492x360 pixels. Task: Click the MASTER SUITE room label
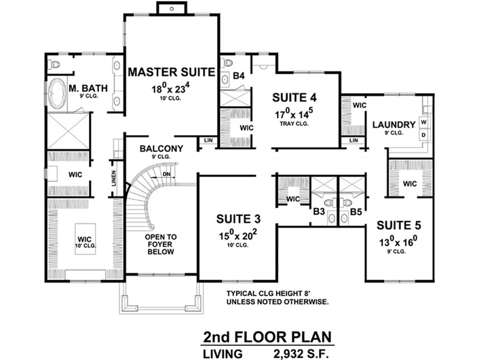172,71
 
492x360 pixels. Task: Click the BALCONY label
162,149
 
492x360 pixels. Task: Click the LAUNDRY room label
393,125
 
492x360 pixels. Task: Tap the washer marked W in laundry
424,123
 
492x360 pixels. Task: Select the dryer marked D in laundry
424,134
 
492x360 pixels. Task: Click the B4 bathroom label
238,75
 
